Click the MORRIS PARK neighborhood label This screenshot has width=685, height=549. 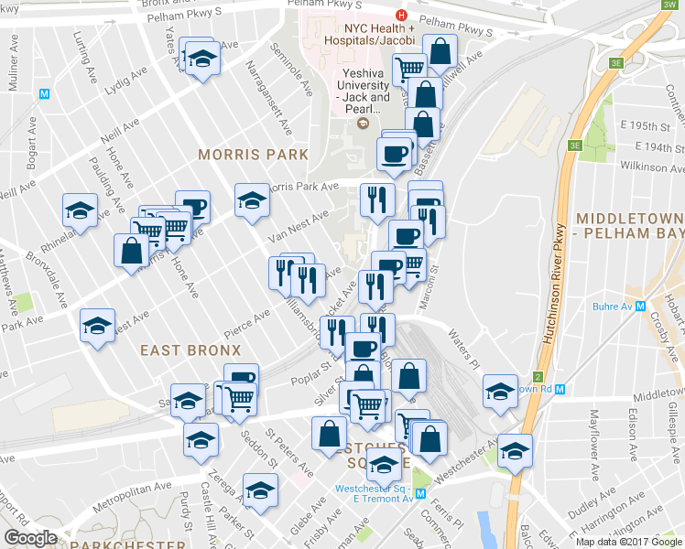[x=254, y=155]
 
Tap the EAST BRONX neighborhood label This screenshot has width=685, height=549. [x=190, y=350]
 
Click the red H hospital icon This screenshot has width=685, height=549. [x=400, y=16]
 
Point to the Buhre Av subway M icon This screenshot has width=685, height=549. [x=641, y=307]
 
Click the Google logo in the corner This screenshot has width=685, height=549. [x=31, y=538]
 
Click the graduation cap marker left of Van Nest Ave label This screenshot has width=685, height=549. [x=252, y=200]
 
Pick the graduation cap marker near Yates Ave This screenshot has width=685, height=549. [x=201, y=60]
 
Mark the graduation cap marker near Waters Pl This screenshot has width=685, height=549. [x=500, y=392]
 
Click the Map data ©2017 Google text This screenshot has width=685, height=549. [x=627, y=542]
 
